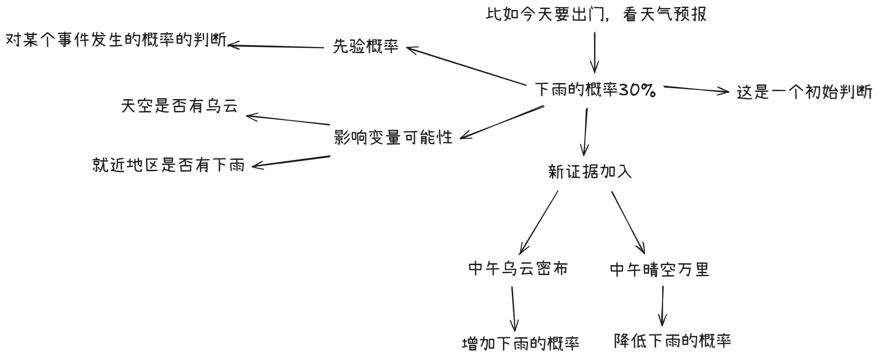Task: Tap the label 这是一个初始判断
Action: (x=804, y=92)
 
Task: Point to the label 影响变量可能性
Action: (x=393, y=138)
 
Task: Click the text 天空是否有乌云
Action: (x=179, y=106)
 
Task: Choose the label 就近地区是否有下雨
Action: (x=168, y=165)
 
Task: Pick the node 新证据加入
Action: (x=590, y=171)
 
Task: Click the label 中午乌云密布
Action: (x=517, y=269)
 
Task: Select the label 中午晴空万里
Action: (x=659, y=270)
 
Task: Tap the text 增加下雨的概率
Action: (x=520, y=343)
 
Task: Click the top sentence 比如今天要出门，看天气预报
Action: (x=596, y=14)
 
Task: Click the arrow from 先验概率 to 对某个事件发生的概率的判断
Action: (x=275, y=46)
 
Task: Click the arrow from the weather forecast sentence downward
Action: (x=595, y=52)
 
